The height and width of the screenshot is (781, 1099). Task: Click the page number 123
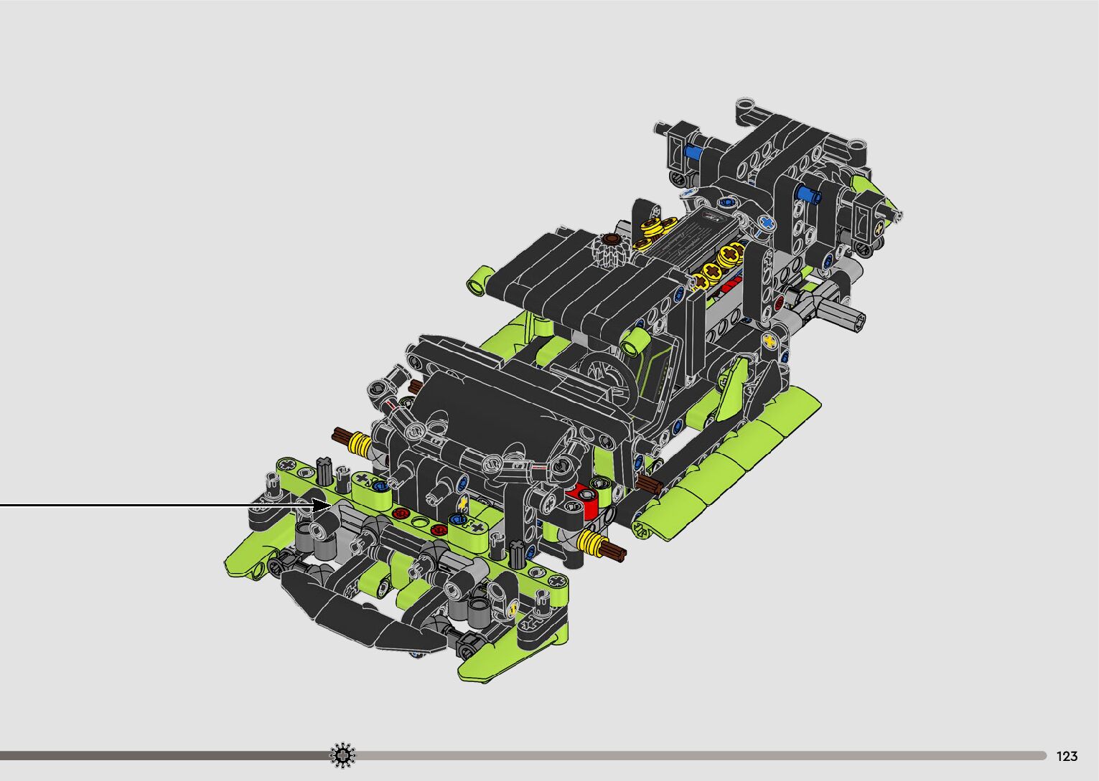tap(1067, 756)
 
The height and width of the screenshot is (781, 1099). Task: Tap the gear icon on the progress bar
tap(342, 755)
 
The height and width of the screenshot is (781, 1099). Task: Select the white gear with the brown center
tap(610, 250)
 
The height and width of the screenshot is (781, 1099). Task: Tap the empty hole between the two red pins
tap(419, 521)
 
